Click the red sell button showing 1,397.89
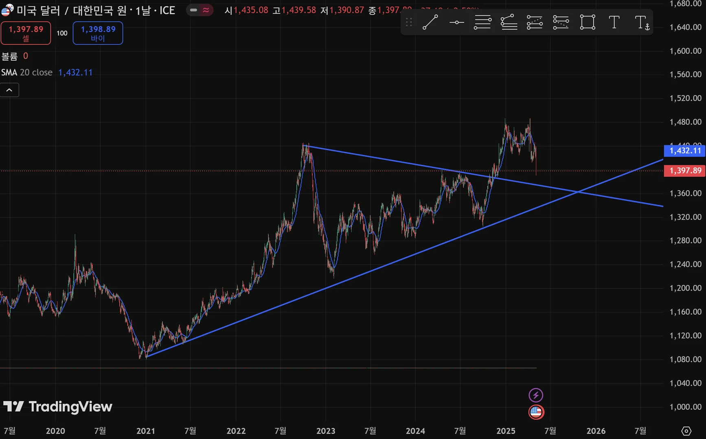26,33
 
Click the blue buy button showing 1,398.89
98,33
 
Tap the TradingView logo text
58,406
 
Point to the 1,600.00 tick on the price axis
685,51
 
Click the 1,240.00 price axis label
685,264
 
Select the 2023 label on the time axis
326,431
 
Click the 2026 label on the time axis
596,431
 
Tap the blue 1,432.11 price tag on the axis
685,151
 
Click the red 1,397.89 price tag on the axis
685,171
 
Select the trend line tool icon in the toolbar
430,22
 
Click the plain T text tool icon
614,22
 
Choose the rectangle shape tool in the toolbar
588,22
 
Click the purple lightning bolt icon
536,395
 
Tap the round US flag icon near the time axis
536,412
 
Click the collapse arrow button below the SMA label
9,90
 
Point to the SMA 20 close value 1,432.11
75,72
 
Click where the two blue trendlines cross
578,192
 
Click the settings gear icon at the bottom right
686,431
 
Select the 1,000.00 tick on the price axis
685,407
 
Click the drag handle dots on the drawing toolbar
409,22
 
